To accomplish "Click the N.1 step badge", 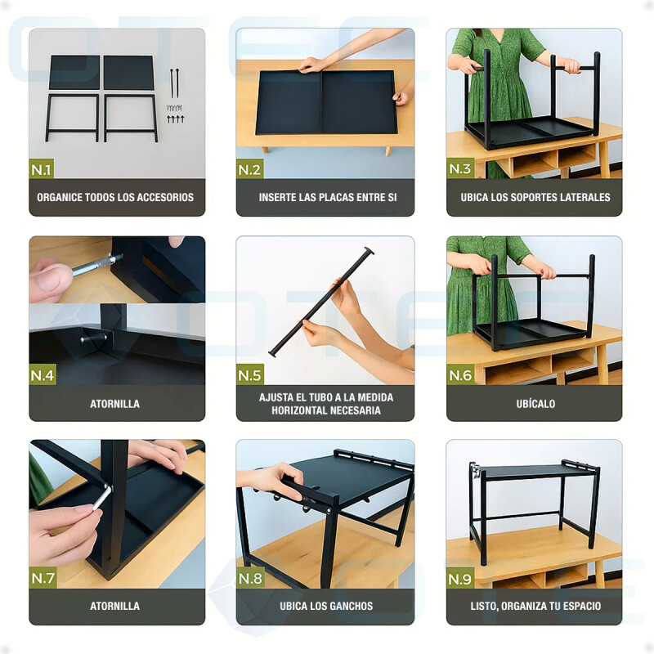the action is point(42,169).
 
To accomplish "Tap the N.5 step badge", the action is point(249,374).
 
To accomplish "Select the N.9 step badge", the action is point(459,578).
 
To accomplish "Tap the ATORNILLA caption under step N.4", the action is point(114,404).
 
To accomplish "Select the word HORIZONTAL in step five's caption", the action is point(297,410).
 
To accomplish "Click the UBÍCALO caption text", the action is point(535,404).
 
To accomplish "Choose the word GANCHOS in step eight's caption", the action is point(353,606).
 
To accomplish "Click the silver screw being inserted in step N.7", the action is point(102,497).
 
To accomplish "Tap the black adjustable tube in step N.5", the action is point(321,302).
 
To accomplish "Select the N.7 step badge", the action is point(43,578).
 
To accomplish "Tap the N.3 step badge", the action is point(459,168).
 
